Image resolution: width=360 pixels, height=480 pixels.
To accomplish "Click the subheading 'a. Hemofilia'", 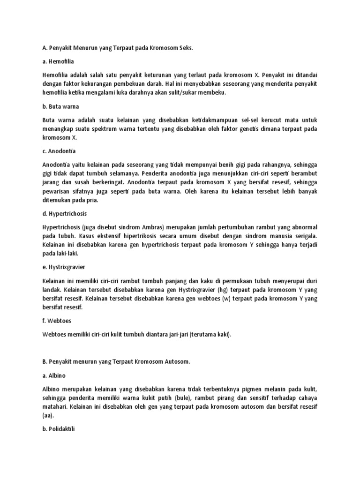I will click(58, 61).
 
